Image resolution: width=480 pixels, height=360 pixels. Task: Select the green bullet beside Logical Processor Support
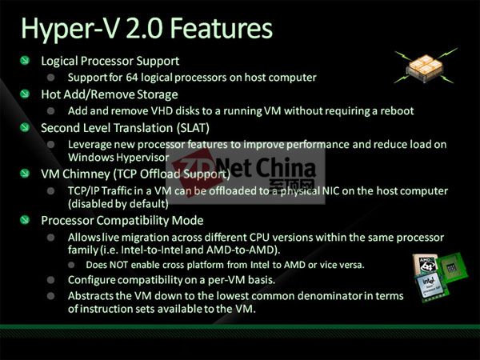click(x=25, y=60)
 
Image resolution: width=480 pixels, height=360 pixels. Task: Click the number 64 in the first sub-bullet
click(x=132, y=77)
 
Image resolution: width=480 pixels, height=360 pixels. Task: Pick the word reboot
click(x=397, y=111)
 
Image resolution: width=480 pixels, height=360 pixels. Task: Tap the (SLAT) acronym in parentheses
click(x=193, y=128)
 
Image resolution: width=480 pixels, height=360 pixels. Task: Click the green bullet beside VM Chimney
click(x=25, y=174)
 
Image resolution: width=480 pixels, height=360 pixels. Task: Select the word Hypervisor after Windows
click(x=143, y=158)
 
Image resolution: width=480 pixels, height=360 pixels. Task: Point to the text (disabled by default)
click(x=118, y=204)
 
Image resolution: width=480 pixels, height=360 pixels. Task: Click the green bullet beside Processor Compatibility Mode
click(x=25, y=220)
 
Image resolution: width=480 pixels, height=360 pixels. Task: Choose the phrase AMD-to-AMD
click(x=242, y=250)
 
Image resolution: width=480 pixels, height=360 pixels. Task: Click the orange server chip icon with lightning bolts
click(x=426, y=66)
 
